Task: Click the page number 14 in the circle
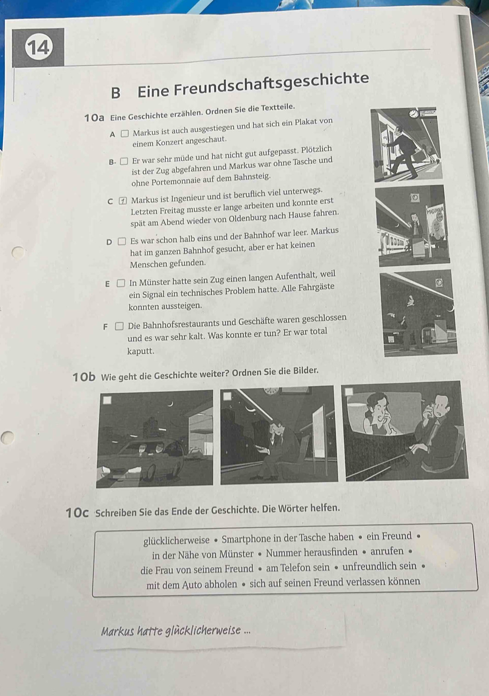click(38, 49)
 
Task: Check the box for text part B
click(124, 161)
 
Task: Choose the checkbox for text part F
click(119, 326)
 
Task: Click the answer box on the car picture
click(107, 400)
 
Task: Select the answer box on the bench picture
click(227, 396)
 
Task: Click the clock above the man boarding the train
click(413, 114)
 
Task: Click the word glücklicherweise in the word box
click(176, 540)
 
